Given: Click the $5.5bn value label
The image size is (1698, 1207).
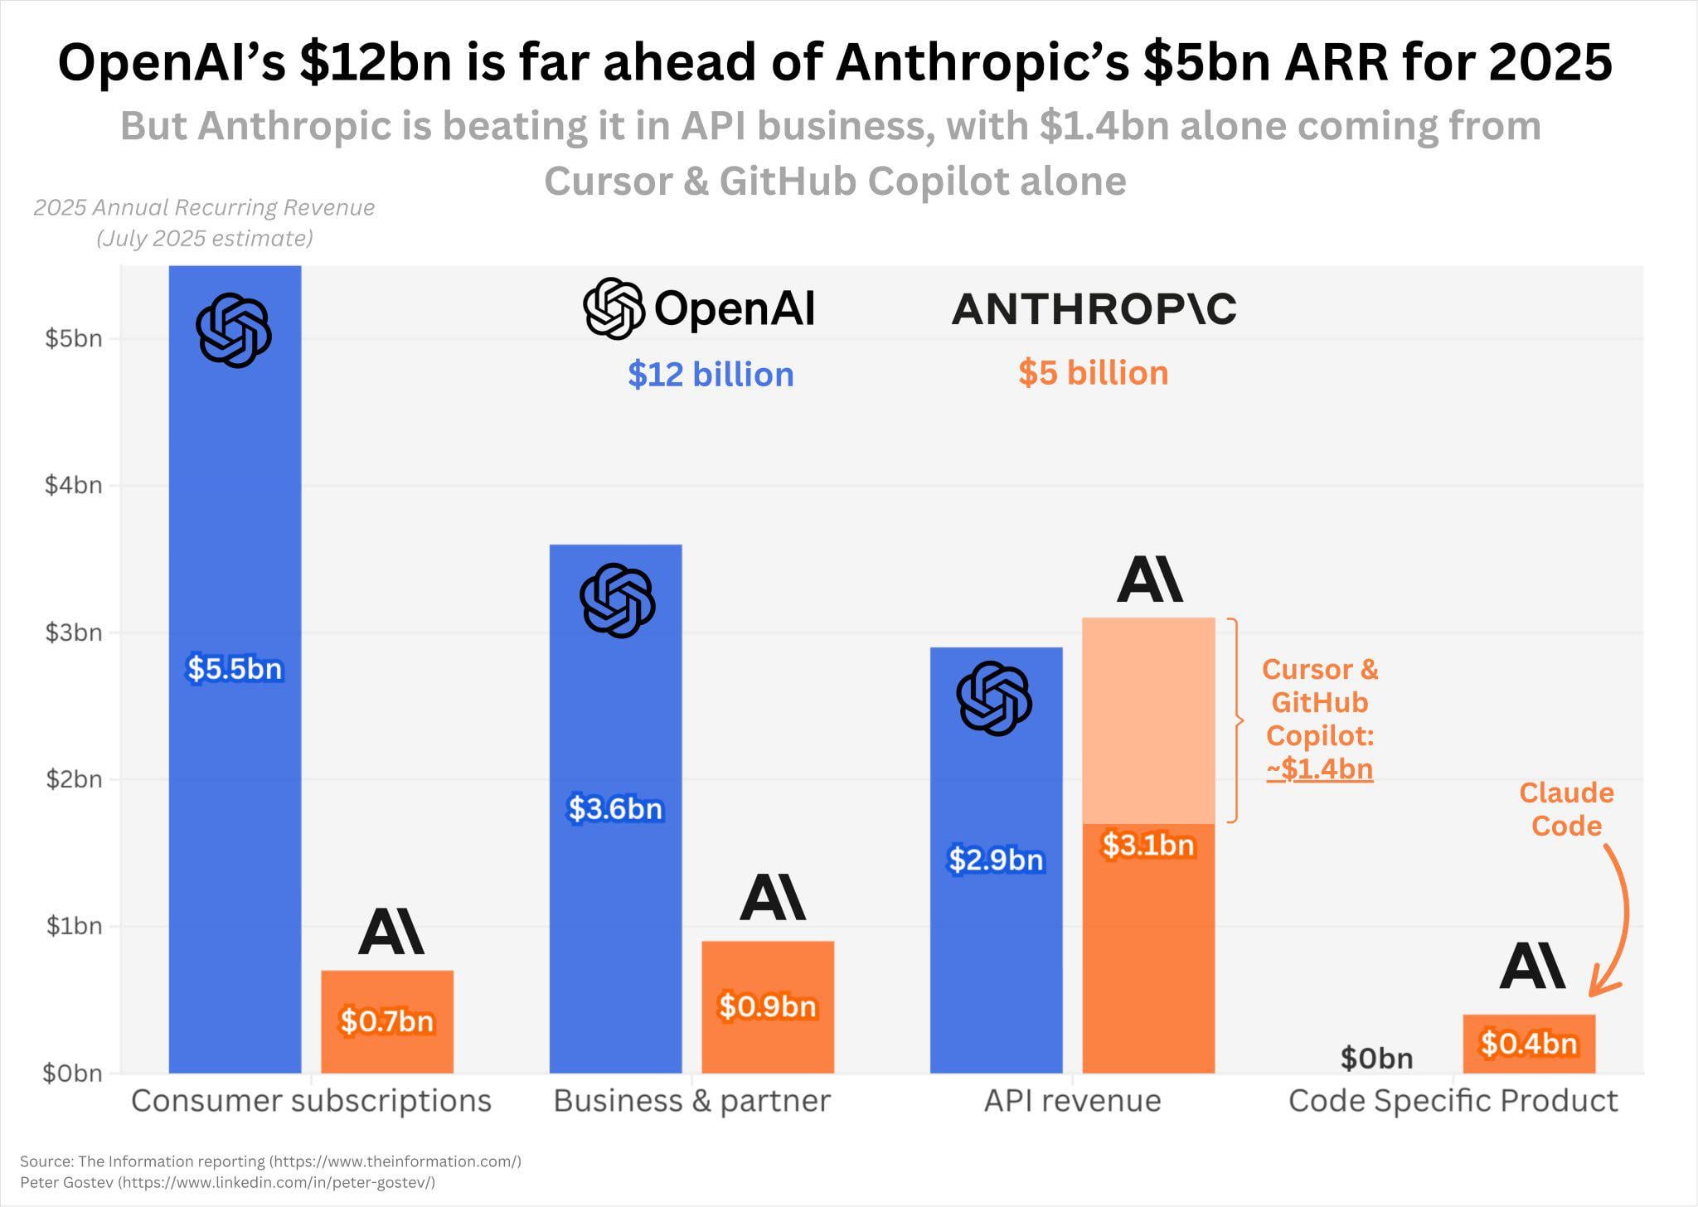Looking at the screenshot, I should [x=235, y=668].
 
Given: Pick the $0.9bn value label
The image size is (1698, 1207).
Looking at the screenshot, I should [x=768, y=1006].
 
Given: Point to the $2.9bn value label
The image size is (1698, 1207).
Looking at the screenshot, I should [x=996, y=860].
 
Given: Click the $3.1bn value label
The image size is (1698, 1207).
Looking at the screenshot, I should [x=1148, y=845].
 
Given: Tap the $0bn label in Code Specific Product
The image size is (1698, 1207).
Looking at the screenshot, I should [x=1376, y=1058].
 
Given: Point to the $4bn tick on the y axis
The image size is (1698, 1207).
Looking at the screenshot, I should [x=73, y=485].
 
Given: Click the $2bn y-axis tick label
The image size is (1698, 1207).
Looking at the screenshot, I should [x=73, y=779].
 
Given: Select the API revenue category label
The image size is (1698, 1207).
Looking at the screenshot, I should [x=1072, y=1101].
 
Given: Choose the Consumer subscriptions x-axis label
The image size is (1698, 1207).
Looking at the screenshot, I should [x=311, y=1101].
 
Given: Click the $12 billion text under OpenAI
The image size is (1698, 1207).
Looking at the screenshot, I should [x=711, y=375].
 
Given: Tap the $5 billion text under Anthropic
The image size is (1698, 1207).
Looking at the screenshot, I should [x=1093, y=373].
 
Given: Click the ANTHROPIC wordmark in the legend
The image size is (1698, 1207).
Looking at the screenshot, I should [x=1093, y=309].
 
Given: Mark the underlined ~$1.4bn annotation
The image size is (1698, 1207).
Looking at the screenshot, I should [x=1319, y=769].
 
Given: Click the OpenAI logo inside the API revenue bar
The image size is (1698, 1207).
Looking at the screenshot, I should [x=994, y=698].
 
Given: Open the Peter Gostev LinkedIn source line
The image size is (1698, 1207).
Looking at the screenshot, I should [x=227, y=1182].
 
